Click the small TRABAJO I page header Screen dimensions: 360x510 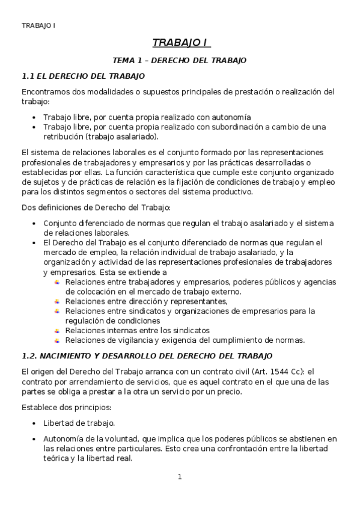38,25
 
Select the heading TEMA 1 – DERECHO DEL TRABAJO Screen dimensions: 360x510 180,61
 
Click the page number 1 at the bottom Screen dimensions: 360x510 180,477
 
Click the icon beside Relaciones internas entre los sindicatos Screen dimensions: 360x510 57,330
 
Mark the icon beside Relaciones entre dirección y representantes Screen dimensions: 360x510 57,301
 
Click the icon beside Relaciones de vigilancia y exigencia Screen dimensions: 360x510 57,340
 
